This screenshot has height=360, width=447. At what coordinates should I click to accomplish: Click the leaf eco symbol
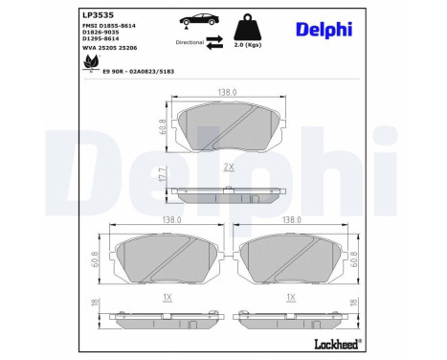tap(93, 61)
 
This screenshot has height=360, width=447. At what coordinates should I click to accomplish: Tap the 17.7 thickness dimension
tap(164, 176)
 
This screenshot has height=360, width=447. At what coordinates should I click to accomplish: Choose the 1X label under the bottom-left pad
tap(167, 298)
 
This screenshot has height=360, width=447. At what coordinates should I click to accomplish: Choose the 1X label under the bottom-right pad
tap(289, 298)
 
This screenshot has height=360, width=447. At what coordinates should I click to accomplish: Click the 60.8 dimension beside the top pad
tap(164, 123)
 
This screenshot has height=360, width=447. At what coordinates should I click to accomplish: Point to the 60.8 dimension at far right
tap(354, 257)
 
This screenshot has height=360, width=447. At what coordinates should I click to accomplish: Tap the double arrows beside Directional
tap(215, 42)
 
